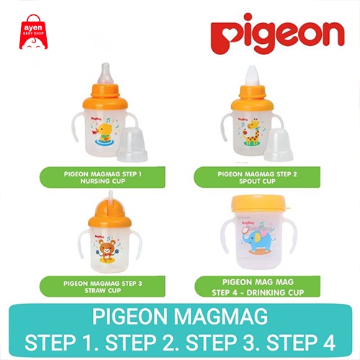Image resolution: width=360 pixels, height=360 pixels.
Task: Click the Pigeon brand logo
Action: [x=277, y=37]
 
